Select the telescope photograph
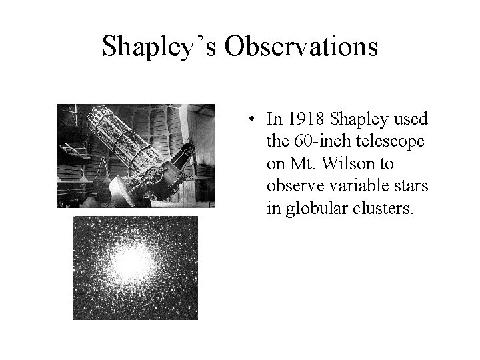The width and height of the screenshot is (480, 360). (136, 156)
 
